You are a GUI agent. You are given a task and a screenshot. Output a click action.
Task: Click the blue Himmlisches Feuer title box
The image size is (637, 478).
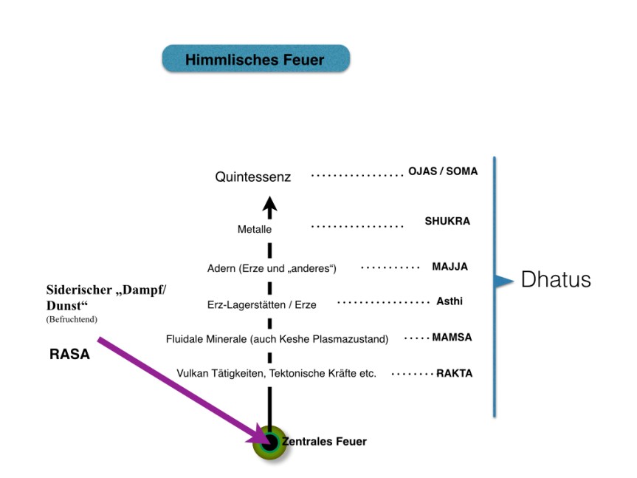(255, 59)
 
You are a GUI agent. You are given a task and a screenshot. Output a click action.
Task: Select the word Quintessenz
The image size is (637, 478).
(253, 177)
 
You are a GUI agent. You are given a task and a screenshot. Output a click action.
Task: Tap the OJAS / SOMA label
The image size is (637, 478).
(443, 171)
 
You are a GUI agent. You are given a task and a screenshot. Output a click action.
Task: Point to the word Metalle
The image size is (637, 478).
(255, 230)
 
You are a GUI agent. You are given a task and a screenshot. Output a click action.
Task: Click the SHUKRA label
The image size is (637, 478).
(447, 221)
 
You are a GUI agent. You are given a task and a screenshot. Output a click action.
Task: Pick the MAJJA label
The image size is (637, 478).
(450, 267)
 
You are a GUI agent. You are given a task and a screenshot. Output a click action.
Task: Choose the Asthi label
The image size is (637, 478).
(450, 301)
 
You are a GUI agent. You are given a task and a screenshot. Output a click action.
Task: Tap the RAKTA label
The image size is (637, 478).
(454, 373)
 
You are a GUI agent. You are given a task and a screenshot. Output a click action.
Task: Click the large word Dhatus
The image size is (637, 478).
(556, 280)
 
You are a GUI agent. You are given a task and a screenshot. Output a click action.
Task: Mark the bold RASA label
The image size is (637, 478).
(69, 355)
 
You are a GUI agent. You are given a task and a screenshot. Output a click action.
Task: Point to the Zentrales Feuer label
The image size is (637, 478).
(324, 442)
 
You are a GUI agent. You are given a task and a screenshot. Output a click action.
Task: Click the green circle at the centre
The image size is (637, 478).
(269, 443)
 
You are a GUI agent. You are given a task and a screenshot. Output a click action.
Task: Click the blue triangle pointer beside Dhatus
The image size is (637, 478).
(503, 281)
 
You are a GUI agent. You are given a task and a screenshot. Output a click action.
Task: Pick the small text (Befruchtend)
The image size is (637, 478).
(72, 319)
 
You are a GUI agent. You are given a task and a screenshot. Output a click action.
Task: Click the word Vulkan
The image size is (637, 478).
(193, 374)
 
